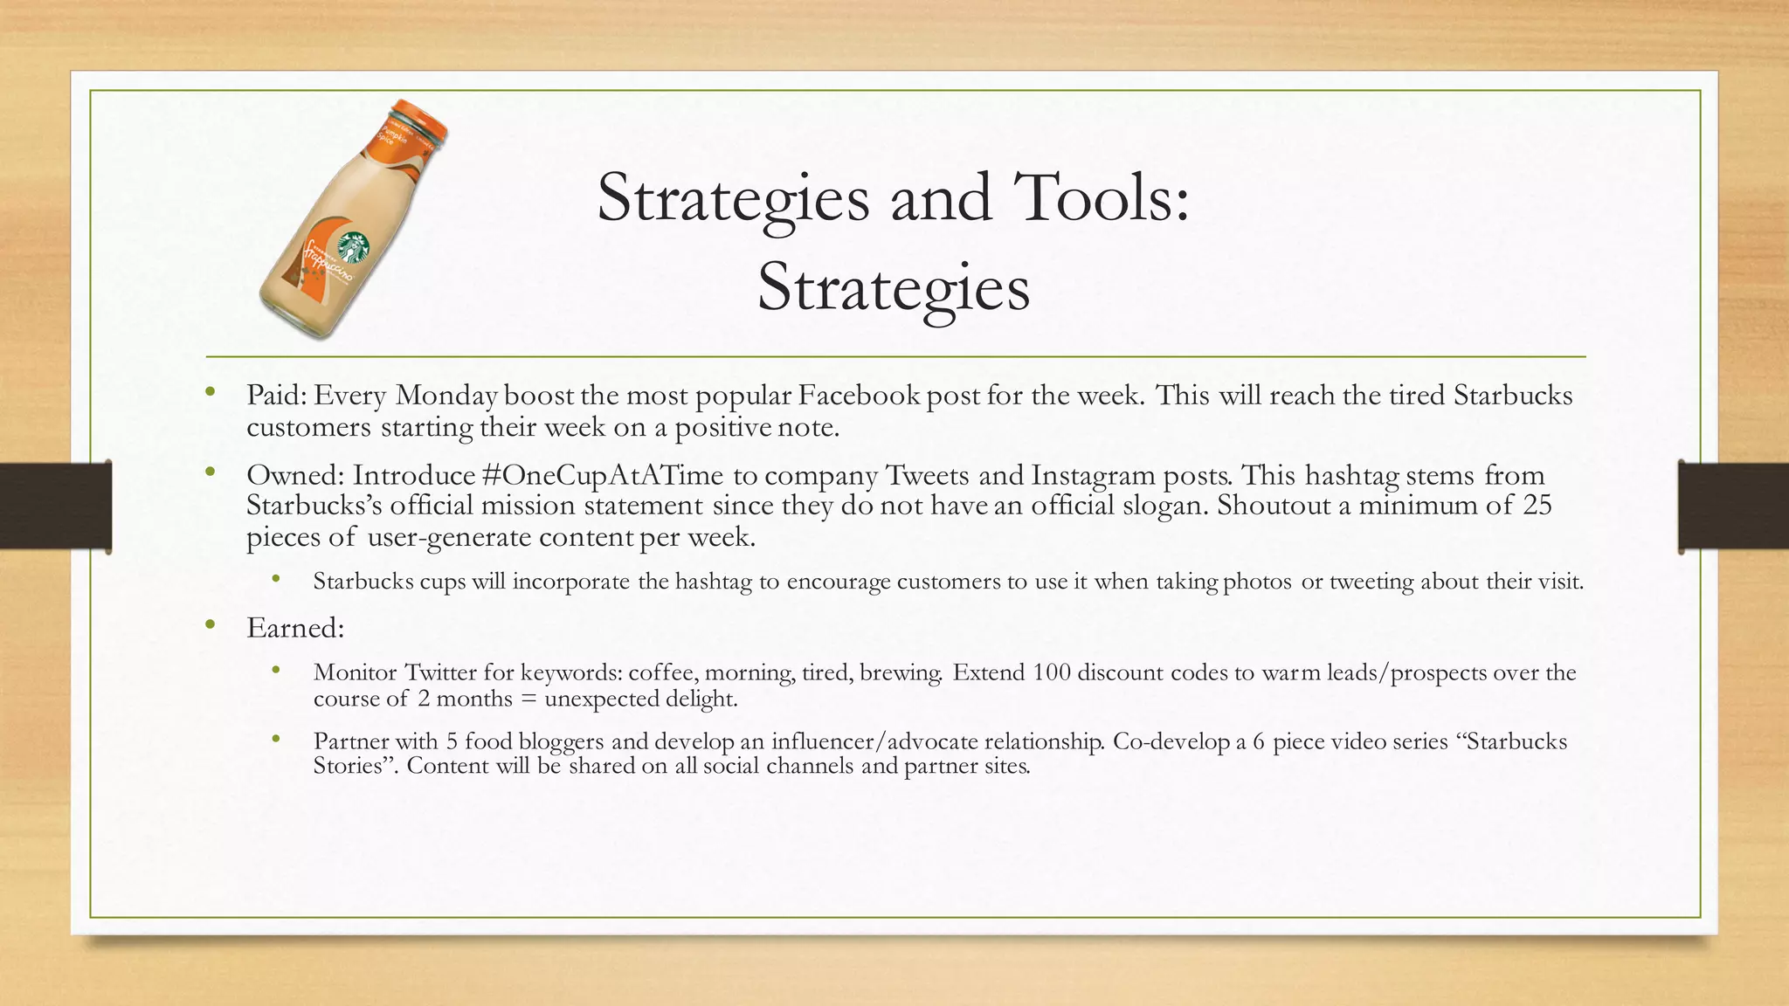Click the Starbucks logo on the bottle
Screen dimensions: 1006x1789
point(353,247)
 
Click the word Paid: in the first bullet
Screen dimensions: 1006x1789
point(276,396)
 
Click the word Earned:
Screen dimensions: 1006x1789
point(295,628)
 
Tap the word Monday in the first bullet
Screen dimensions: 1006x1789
point(446,396)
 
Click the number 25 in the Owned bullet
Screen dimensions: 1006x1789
point(1537,506)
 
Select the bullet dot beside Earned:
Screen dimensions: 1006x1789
point(210,624)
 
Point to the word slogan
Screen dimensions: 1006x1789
point(1169,506)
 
